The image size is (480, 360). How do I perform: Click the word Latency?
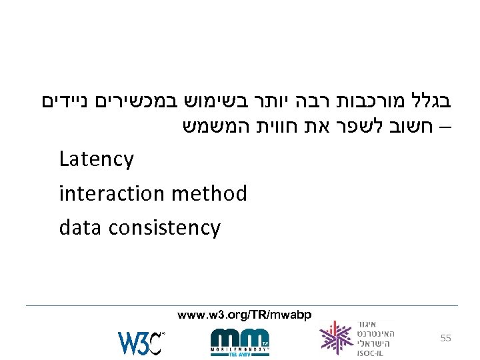(96, 160)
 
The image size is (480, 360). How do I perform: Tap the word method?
(209, 194)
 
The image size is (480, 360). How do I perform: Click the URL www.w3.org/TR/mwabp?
(244, 314)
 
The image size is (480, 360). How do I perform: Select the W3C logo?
(141, 342)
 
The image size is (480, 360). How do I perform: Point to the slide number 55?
(445, 339)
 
